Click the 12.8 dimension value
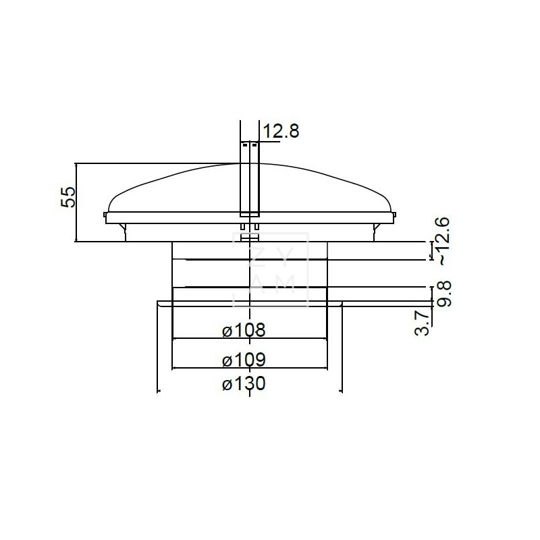point(280,131)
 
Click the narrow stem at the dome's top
point(249,182)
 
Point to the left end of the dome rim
point(106,215)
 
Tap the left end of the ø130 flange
point(159,304)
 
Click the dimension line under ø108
point(250,338)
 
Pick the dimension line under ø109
point(250,368)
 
